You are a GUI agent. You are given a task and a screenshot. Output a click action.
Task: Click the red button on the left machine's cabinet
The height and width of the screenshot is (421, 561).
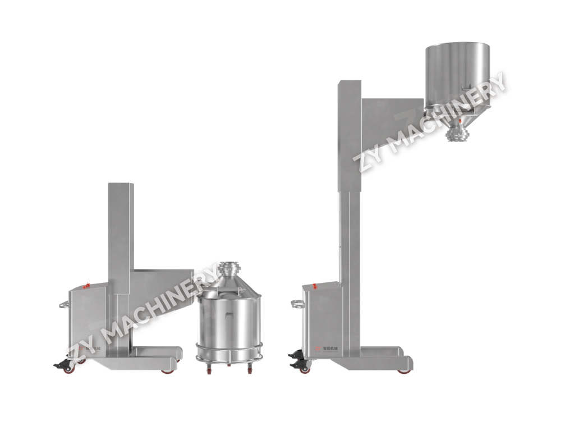(x=86, y=286)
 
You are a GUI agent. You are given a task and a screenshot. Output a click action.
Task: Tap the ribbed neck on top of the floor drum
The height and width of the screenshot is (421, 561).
(x=228, y=269)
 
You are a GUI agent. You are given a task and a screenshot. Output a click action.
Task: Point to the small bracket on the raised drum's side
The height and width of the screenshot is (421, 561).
(x=463, y=86)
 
